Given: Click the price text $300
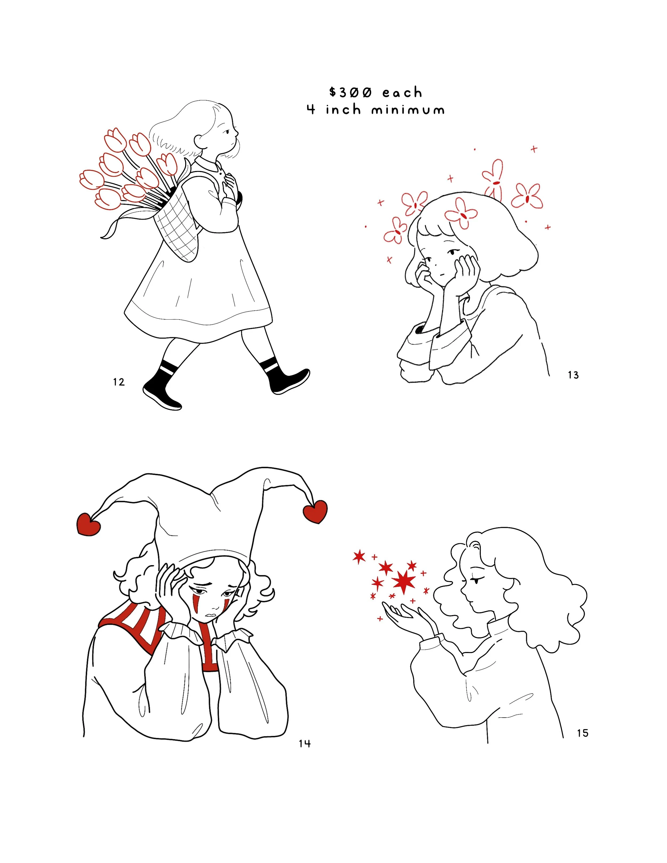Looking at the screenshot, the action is coord(351,93).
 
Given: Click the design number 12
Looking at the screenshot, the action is coord(118,382).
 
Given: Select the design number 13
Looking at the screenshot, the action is coord(573,375).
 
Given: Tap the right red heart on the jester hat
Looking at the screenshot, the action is coord(315,512).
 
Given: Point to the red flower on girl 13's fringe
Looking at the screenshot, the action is coord(461,213).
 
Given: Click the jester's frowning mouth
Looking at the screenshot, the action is coord(212,615).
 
